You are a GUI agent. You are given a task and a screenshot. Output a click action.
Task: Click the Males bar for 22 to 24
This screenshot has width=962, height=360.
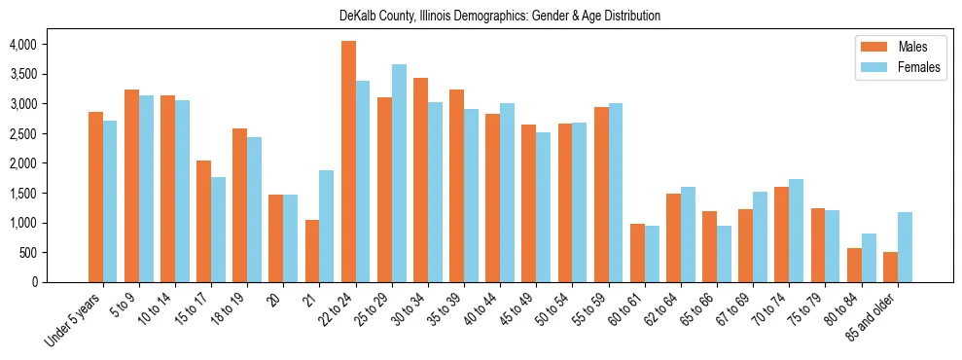click(348, 162)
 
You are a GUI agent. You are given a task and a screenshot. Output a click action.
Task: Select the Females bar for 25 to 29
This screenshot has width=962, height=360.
click(399, 173)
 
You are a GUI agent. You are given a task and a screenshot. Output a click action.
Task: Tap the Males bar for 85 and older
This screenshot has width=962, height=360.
click(890, 267)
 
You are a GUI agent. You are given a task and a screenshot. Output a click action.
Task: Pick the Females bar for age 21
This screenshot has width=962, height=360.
click(327, 226)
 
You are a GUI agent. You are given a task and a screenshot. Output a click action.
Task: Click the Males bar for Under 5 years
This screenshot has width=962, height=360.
click(95, 197)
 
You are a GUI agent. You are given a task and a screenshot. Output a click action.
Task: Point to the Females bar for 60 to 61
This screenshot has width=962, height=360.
click(652, 254)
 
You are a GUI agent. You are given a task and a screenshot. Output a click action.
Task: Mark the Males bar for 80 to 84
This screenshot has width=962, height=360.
click(854, 265)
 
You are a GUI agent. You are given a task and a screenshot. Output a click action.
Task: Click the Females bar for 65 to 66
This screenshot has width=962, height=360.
click(724, 254)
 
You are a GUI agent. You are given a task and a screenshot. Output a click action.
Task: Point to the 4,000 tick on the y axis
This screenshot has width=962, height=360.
click(22, 45)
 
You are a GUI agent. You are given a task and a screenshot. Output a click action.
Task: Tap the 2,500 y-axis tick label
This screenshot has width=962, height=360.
click(22, 134)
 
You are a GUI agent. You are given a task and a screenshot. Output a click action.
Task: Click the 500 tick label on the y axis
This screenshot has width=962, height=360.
click(28, 253)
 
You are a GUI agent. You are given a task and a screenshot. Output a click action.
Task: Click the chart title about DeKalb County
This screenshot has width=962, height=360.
click(500, 16)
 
